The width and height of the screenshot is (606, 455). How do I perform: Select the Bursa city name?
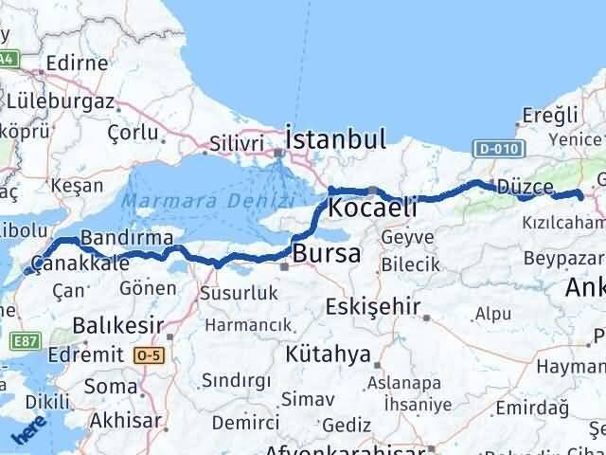[327, 253]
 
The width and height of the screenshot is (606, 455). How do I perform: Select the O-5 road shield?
[149, 355]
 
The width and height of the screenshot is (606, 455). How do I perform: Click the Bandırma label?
[127, 237]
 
